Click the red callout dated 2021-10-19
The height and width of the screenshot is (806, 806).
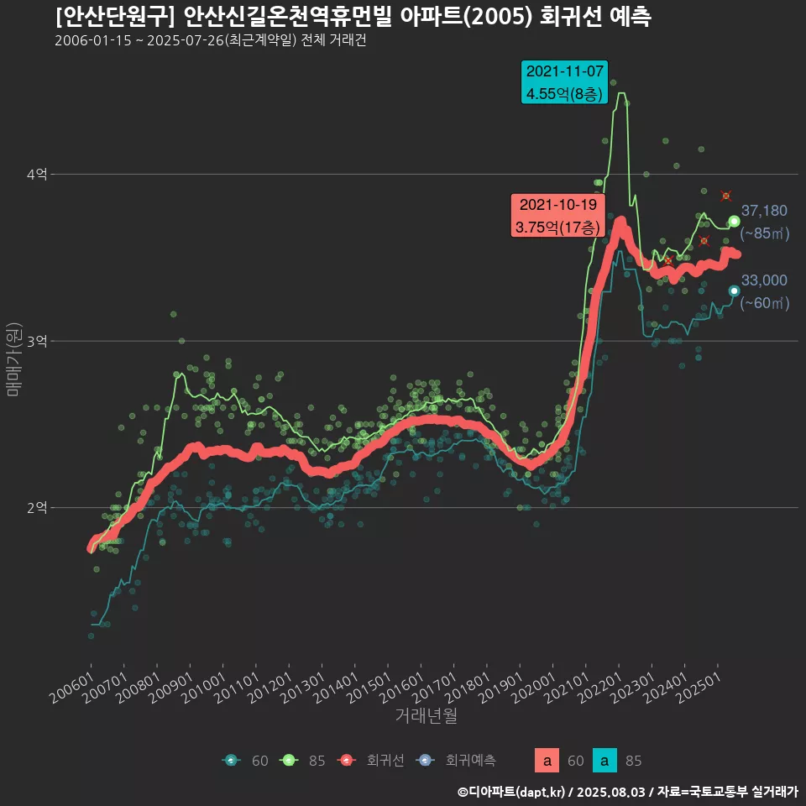coord(557,215)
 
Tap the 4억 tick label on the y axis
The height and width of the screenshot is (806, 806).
coord(37,175)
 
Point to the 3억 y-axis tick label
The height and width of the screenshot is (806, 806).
coord(37,341)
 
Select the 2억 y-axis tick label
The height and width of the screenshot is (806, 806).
coord(37,507)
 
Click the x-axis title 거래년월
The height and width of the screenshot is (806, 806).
coord(426,715)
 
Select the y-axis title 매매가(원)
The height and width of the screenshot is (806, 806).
coord(13,359)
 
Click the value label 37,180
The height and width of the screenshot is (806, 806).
coord(764,211)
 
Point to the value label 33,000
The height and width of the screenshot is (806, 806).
coord(764,280)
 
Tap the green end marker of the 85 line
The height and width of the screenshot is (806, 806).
coord(735,222)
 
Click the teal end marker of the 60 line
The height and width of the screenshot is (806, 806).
coord(735,290)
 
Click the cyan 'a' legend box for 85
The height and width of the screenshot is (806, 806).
coord(604,761)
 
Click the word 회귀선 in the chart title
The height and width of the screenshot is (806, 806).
coord(574,17)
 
